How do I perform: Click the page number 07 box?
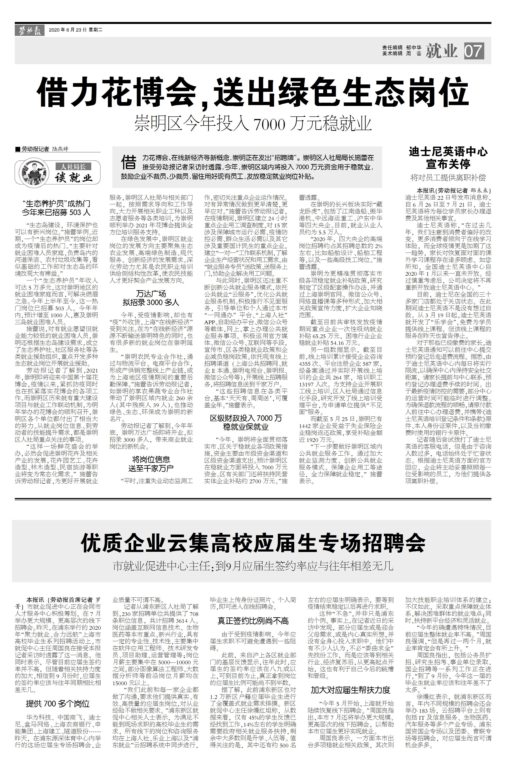(474, 51)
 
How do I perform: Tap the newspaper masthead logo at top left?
(29, 31)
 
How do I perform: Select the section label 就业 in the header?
(442, 51)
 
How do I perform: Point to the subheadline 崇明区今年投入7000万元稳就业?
(253, 123)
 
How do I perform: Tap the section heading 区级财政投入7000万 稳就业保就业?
(246, 422)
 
